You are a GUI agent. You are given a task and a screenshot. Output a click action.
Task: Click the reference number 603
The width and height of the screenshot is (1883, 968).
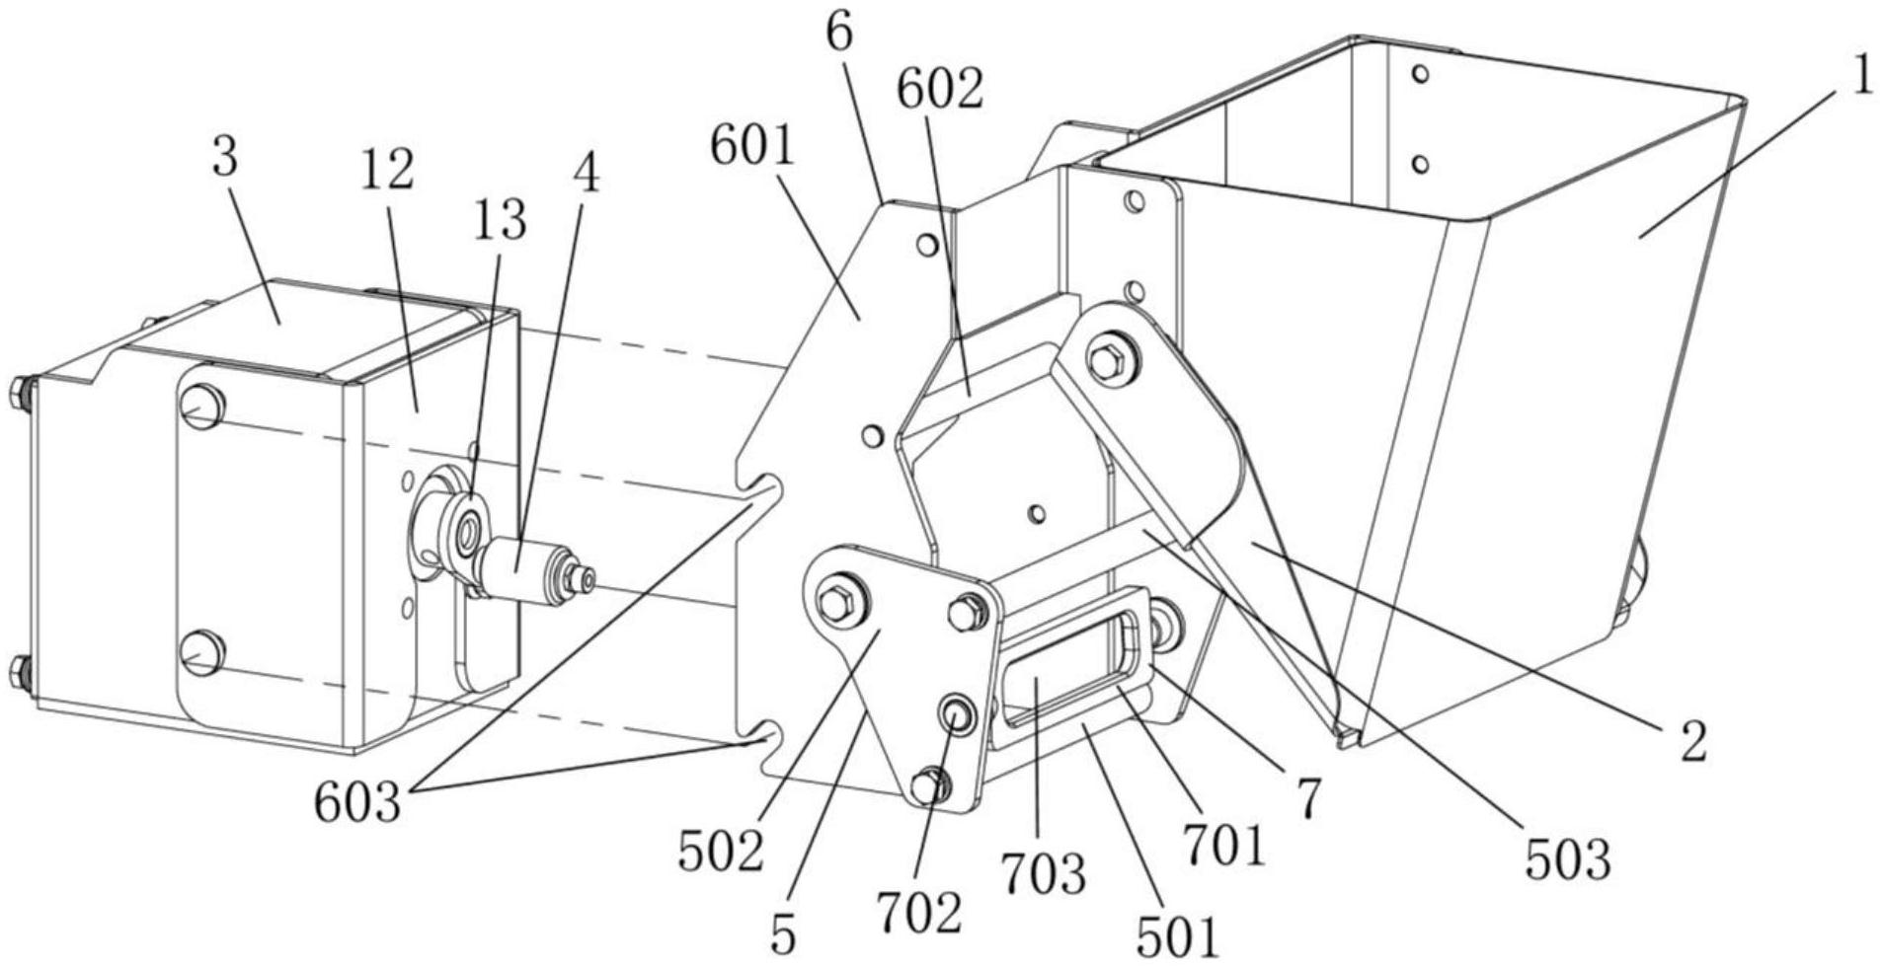click(357, 803)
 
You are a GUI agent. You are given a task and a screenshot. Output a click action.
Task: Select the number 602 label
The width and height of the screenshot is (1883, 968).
click(939, 91)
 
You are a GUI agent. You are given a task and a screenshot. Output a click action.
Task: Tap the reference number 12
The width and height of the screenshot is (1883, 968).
click(386, 171)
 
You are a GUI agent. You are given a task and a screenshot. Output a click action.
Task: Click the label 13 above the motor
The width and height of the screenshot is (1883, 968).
click(500, 221)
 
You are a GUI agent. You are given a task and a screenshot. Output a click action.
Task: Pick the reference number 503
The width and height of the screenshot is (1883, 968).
click(1567, 860)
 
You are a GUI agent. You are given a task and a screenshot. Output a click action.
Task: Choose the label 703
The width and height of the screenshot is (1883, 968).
click(1043, 872)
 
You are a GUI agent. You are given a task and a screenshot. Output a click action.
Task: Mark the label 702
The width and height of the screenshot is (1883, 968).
click(918, 914)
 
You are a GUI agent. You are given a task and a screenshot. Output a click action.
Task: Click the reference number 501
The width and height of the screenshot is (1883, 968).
click(1177, 937)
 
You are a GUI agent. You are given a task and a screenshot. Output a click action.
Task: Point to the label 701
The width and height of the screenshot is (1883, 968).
click(1224, 846)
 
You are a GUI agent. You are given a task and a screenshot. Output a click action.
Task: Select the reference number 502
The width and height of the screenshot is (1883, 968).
click(721, 852)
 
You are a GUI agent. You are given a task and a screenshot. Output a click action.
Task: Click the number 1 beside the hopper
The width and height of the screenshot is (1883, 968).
click(1860, 77)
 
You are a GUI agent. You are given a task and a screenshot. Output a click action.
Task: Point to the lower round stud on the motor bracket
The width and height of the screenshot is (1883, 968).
click(201, 652)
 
